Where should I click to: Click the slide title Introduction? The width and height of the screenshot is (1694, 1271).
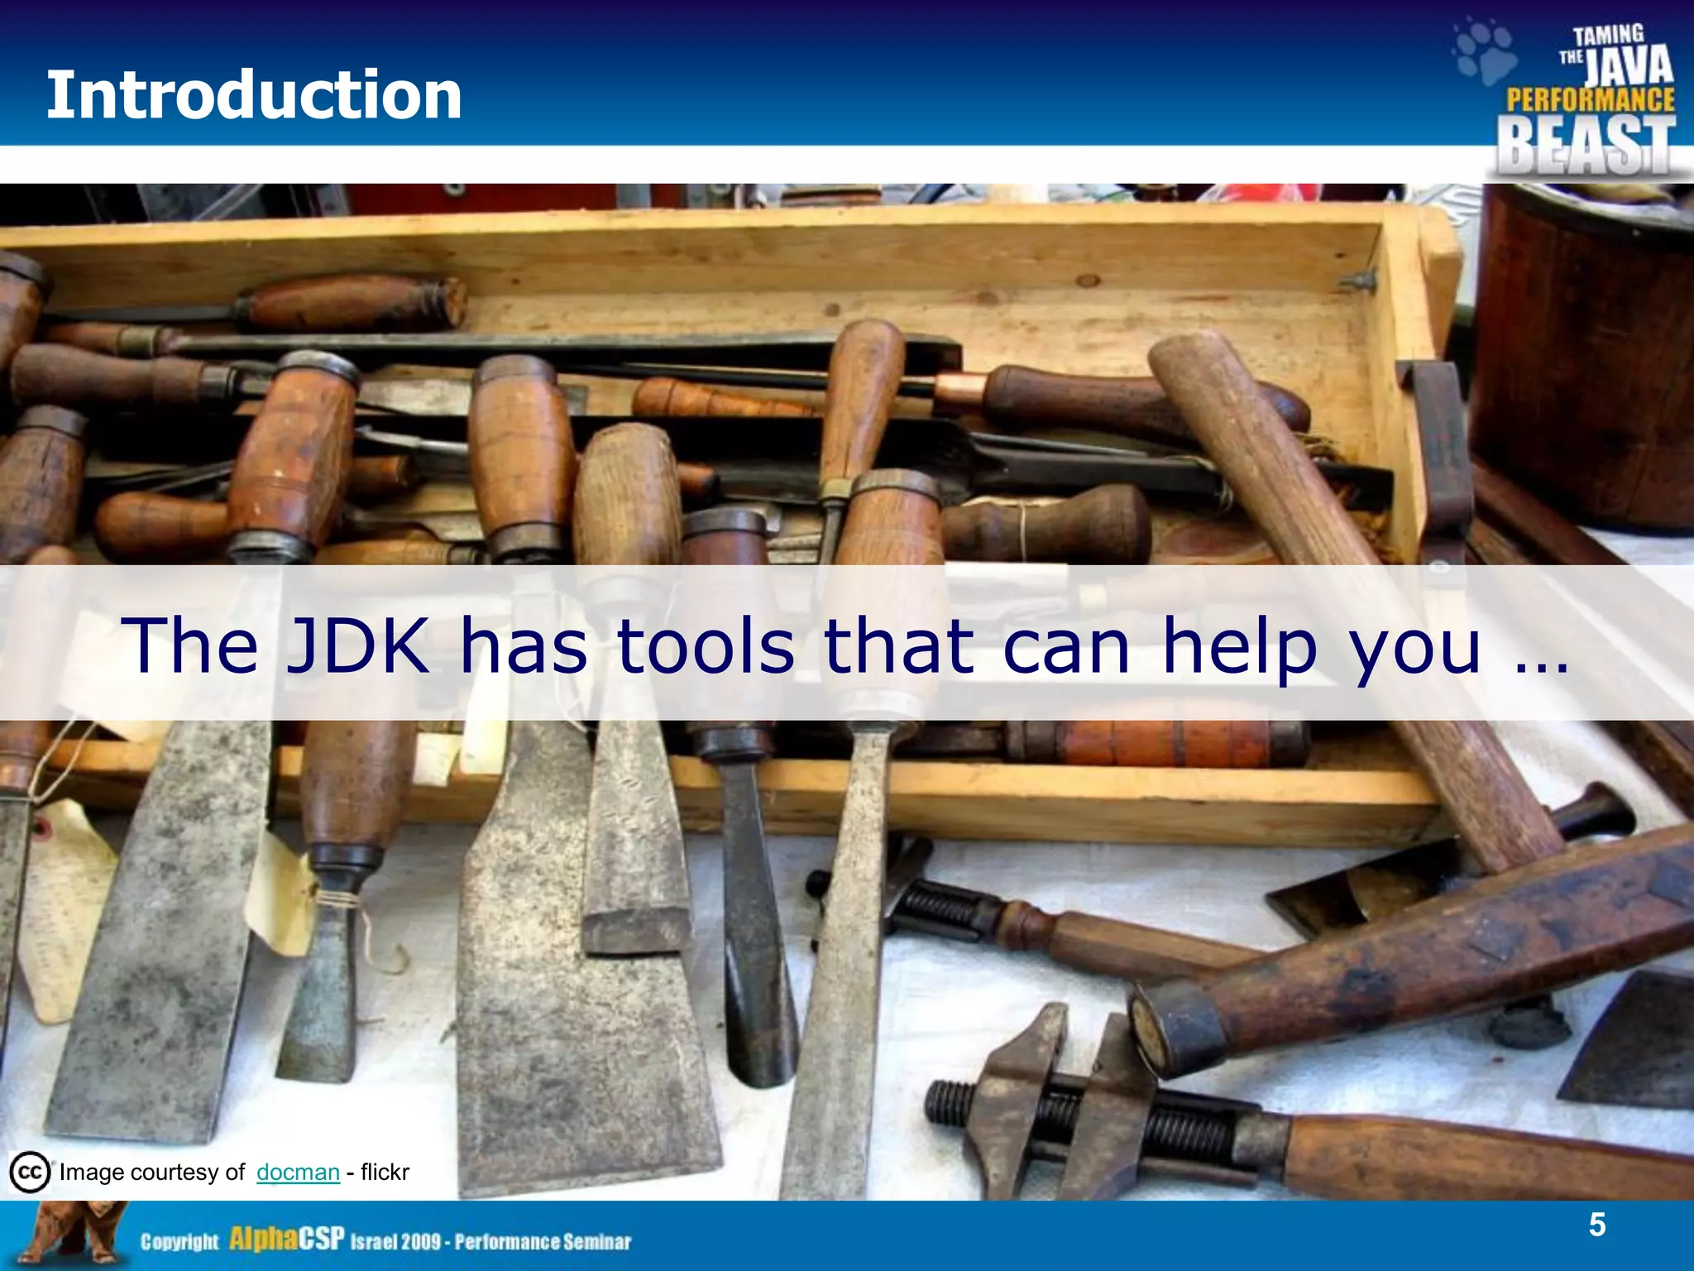[x=253, y=95]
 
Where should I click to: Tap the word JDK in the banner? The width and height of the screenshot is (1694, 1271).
[x=357, y=645]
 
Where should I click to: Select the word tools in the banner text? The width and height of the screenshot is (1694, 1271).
[x=706, y=645]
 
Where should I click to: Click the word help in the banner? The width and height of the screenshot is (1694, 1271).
[x=1239, y=647]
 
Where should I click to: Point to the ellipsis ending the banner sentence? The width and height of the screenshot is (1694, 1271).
[x=1543, y=662]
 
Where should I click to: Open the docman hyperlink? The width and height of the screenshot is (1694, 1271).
[x=298, y=1172]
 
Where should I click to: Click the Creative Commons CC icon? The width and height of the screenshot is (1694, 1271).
[x=30, y=1172]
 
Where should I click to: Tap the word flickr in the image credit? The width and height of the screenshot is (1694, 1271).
[x=385, y=1172]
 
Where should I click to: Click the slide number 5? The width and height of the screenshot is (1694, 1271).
[x=1596, y=1225]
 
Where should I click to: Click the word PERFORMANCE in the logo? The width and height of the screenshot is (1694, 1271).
[x=1590, y=101]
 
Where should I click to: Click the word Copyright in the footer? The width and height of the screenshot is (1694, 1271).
[x=179, y=1241]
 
